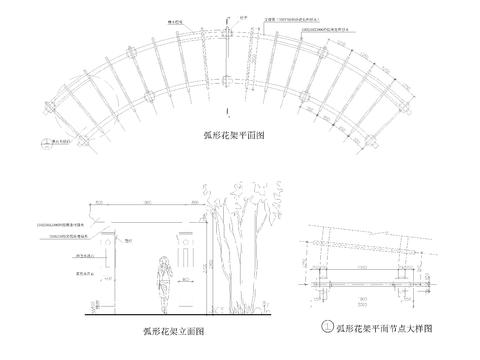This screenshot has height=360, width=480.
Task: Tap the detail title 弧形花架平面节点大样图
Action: (385, 327)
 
